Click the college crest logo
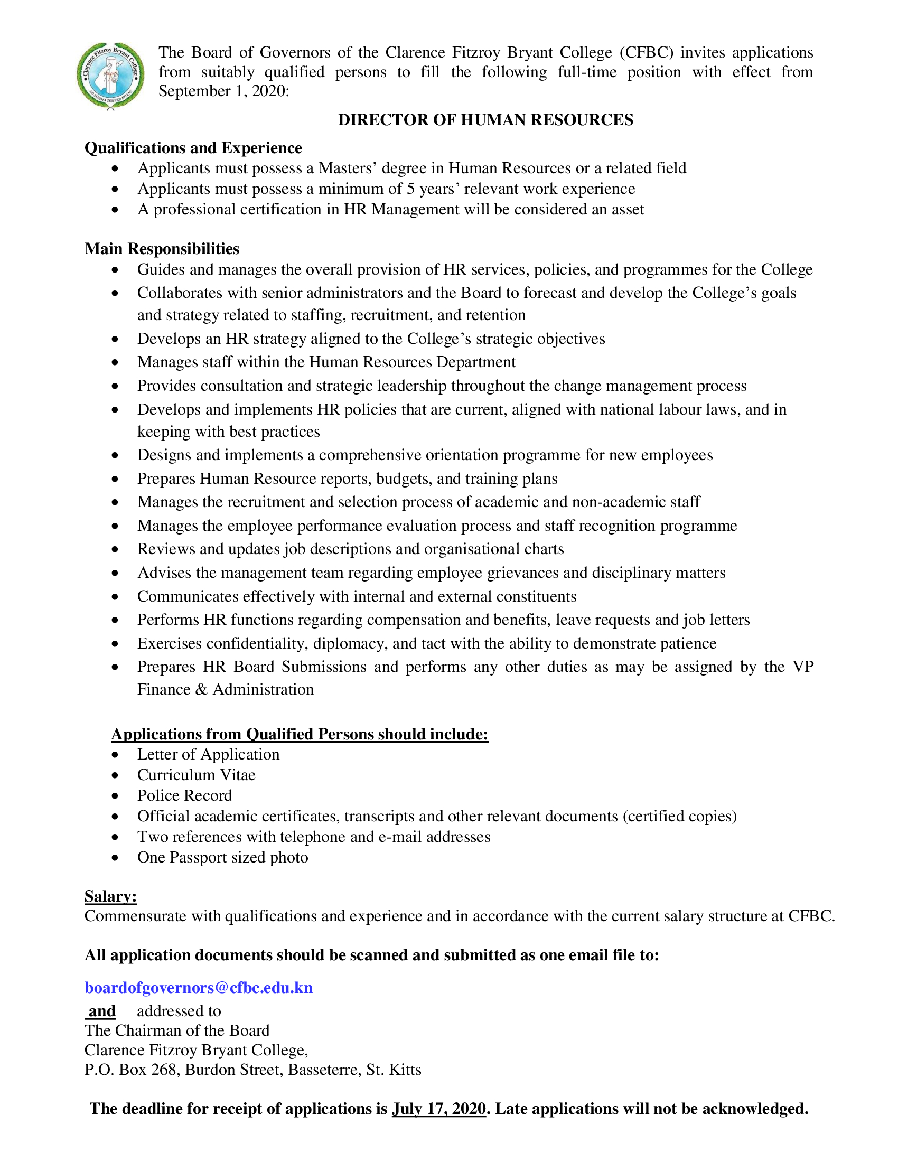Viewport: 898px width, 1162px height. coord(110,76)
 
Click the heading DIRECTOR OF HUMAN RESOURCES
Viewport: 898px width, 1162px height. coord(485,120)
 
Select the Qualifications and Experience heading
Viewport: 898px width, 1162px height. coord(193,148)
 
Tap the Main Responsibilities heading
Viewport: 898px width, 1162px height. coord(162,249)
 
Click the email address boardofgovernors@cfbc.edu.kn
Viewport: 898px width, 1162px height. coord(199,988)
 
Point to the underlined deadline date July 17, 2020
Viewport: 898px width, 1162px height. coord(439,1108)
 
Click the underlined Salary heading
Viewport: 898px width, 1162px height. coord(110,896)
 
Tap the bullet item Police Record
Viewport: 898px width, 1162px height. coord(184,795)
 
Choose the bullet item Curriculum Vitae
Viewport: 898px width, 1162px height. coord(197,775)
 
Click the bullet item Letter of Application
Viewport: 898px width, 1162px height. coord(208,754)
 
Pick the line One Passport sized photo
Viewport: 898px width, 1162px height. coord(222,857)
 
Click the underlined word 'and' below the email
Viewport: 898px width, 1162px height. coord(101,1011)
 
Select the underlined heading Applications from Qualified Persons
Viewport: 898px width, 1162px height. coord(299,734)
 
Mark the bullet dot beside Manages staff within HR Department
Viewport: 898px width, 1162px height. coord(116,362)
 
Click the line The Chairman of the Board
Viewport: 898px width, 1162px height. coord(176,1030)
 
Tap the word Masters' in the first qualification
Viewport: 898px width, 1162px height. coord(348,168)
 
